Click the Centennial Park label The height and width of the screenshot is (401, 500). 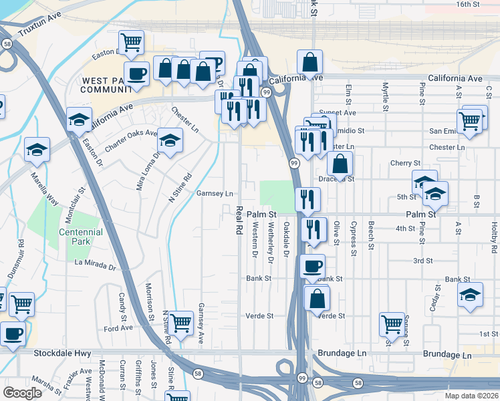85,237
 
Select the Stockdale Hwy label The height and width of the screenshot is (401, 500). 55,354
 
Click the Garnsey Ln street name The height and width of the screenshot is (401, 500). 215,193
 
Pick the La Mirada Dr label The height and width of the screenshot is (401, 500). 96,265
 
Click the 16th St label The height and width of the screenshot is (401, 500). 468,4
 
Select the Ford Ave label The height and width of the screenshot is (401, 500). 118,329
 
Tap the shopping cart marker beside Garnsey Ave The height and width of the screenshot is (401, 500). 180,322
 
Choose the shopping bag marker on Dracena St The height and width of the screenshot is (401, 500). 340,163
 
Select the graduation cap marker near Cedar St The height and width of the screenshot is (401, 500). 470,294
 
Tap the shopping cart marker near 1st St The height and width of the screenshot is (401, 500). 392,324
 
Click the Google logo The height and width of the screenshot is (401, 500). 22,393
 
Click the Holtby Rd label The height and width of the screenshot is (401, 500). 494,237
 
